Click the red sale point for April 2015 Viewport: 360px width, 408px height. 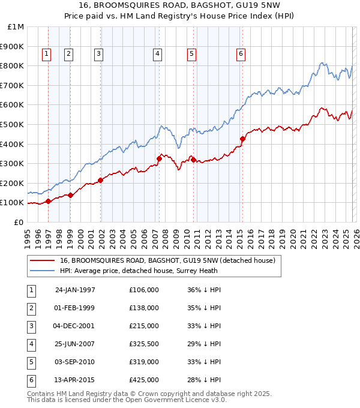[x=242, y=139]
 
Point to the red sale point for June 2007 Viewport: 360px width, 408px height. [x=160, y=158]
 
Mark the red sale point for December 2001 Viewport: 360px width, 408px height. [x=100, y=180]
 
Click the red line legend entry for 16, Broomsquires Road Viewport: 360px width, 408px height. [x=167, y=260]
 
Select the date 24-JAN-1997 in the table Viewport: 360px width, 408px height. [x=75, y=289]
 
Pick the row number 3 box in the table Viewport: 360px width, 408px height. [x=31, y=326]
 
